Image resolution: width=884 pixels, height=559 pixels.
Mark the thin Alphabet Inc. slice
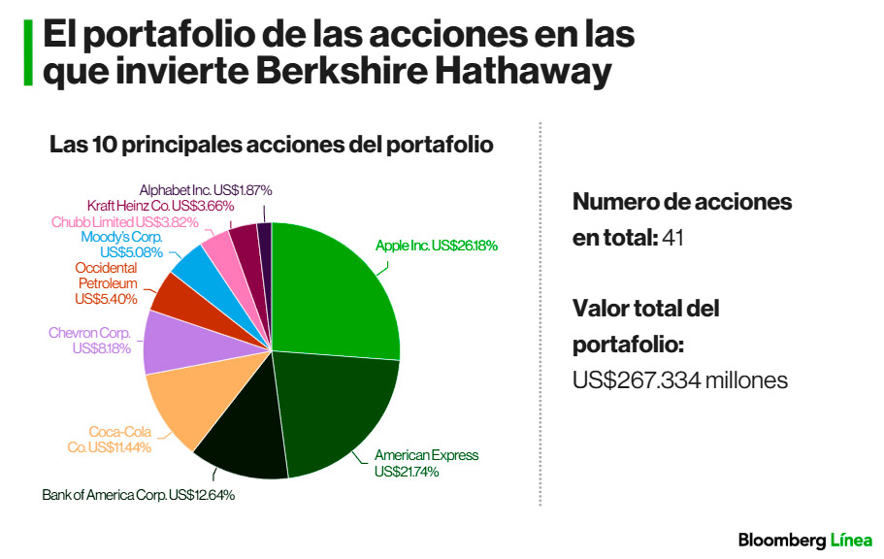click(264, 238)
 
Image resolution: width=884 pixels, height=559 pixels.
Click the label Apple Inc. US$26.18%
click(436, 247)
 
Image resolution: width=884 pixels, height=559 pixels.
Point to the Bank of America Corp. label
click(138, 495)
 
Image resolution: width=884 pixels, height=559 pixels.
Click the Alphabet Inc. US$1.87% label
click(205, 190)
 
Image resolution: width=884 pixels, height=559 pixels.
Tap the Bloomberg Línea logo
click(804, 540)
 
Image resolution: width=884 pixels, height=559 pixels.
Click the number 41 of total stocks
click(673, 238)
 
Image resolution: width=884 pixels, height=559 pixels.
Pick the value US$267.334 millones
click(679, 380)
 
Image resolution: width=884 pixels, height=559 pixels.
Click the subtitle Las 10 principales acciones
click(272, 146)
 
